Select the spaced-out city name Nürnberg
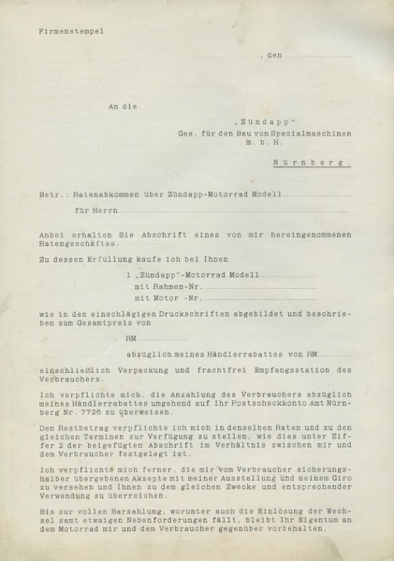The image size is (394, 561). tap(324, 161)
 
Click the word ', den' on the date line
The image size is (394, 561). tap(270, 56)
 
